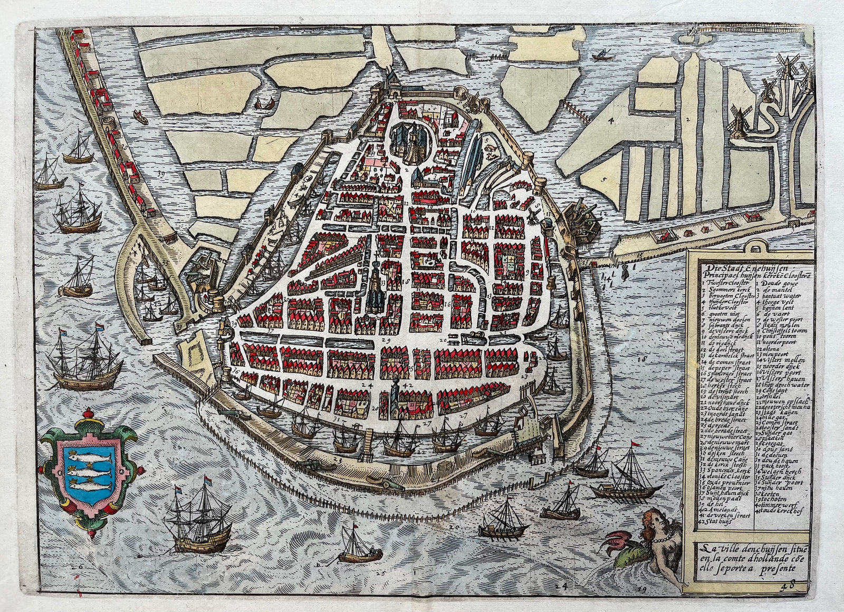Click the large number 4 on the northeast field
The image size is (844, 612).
(611, 121)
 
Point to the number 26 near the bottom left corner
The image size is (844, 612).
(80, 567)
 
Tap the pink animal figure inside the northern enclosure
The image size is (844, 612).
(491, 150)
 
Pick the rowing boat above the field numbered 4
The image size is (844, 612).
(598, 54)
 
